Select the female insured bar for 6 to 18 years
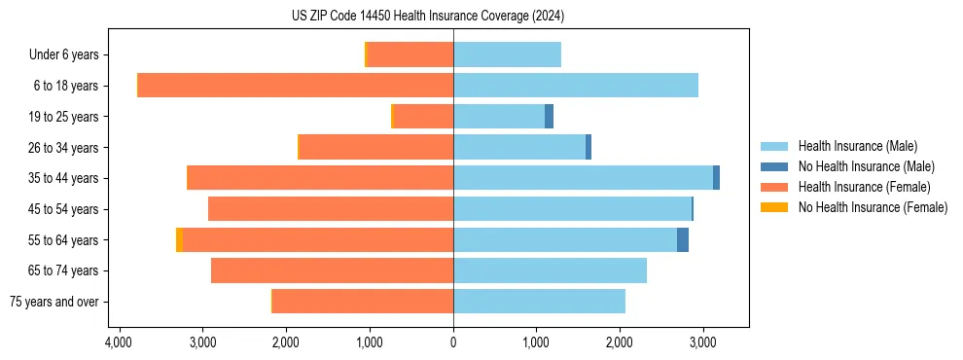[x=296, y=86]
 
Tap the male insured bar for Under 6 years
[x=507, y=55]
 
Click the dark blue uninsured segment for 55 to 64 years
[x=683, y=240]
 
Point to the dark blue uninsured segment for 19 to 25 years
[x=549, y=117]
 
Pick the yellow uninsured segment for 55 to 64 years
[x=179, y=240]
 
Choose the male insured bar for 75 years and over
[x=539, y=302]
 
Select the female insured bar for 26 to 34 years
[x=376, y=148]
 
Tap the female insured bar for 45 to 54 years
[x=331, y=209]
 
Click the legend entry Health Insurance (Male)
[x=857, y=147]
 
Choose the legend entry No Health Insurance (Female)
[x=873, y=207]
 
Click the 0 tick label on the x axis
[x=453, y=343]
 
